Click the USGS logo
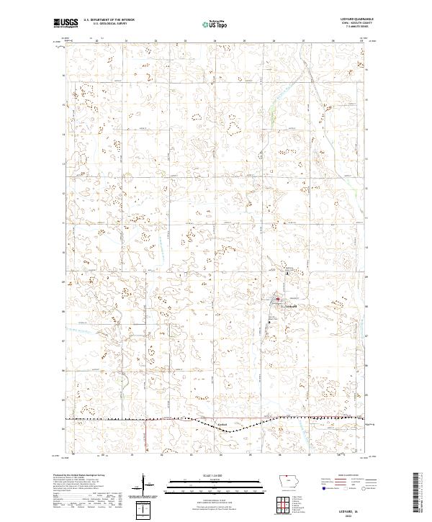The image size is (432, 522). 66,23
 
